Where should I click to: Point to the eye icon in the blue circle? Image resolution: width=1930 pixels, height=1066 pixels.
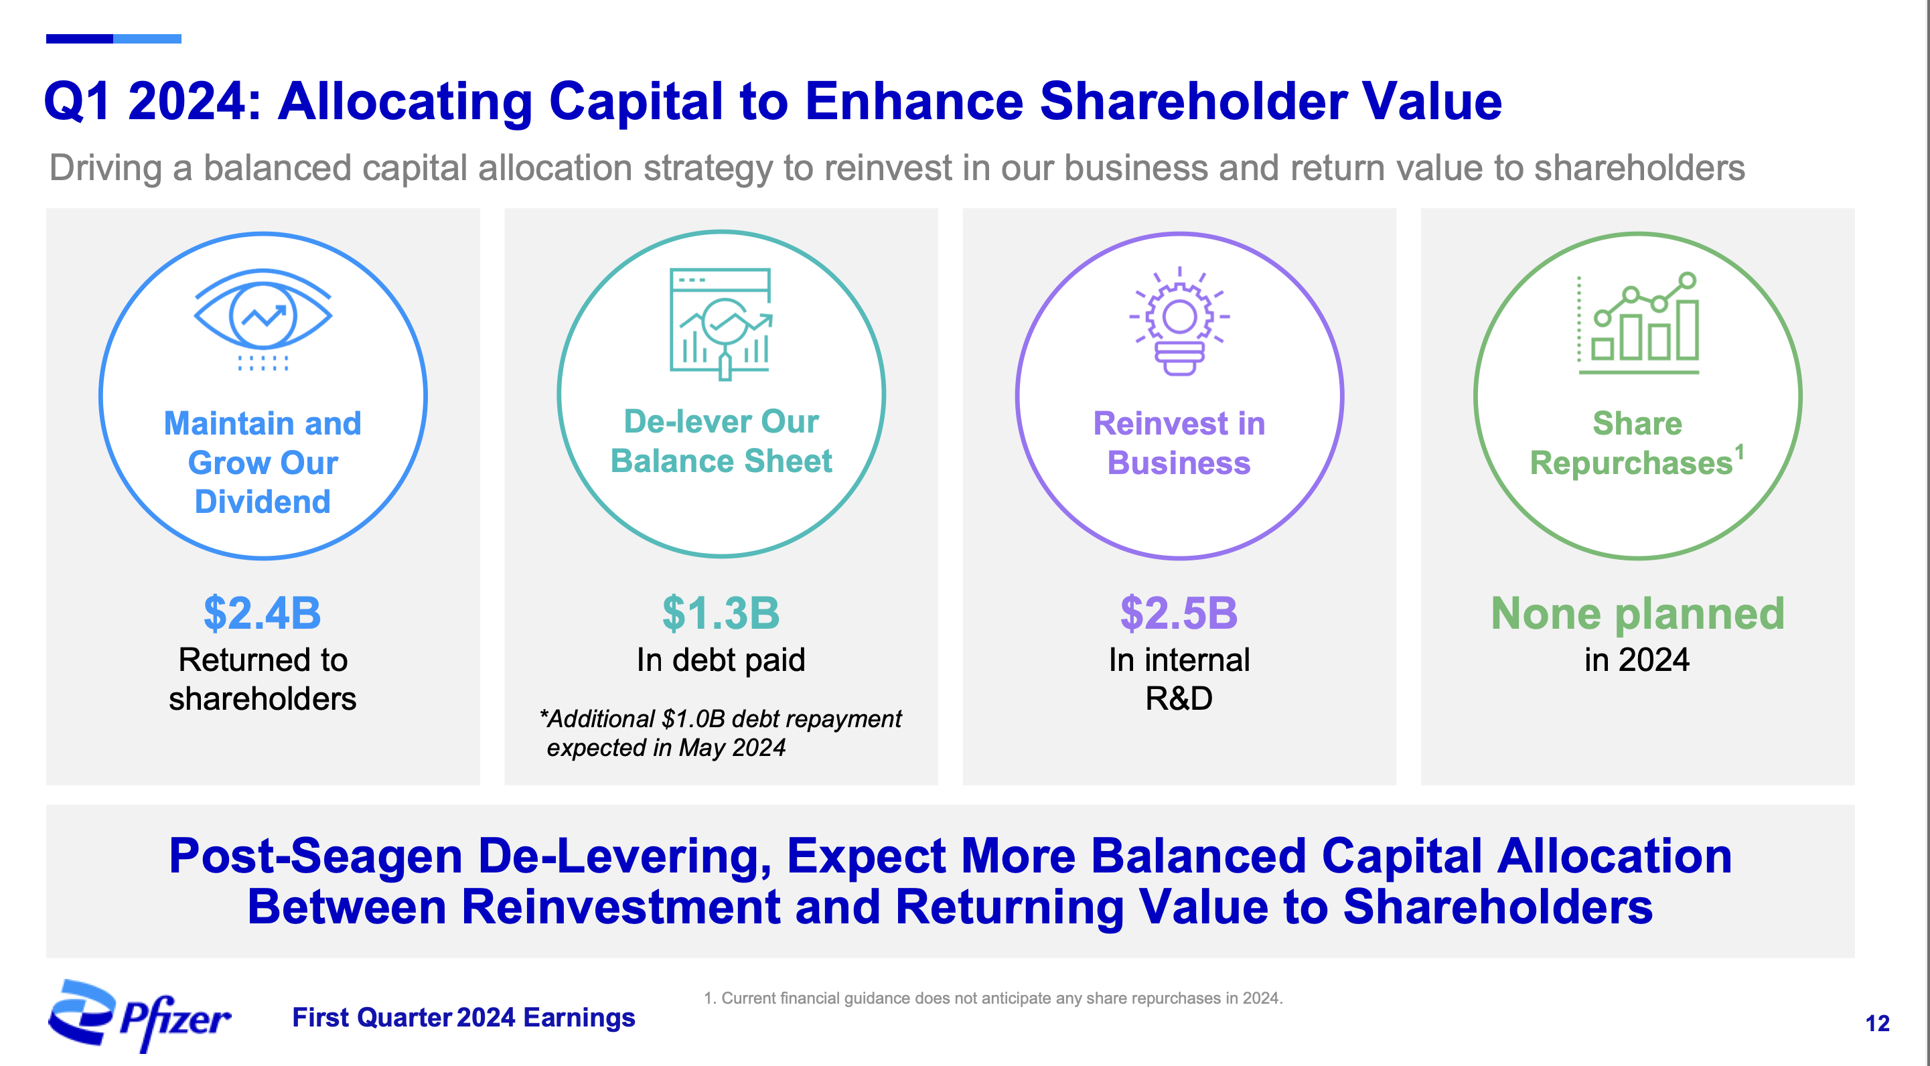pos(263,317)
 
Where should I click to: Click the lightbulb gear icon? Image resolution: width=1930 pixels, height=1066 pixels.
pos(1179,321)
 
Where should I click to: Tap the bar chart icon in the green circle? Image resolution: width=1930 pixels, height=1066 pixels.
pos(1639,323)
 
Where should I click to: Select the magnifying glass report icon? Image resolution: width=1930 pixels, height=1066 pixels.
pos(721,323)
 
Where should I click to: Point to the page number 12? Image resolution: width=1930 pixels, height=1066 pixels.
pos(1878,1023)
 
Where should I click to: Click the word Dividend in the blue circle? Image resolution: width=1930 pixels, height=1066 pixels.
pos(263,502)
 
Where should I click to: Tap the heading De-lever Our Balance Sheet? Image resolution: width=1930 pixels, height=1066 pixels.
pos(721,441)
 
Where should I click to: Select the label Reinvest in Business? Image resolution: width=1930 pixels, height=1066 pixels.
pos(1179,443)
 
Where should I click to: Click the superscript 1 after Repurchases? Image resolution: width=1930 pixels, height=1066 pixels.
pos(1740,452)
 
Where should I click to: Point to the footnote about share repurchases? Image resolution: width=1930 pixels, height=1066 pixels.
pos(994,998)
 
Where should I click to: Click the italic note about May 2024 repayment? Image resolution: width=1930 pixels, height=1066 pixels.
pos(721,733)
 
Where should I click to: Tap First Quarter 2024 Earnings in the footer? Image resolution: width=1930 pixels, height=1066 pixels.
pos(464,1017)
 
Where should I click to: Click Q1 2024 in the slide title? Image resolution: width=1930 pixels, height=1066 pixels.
pos(153,101)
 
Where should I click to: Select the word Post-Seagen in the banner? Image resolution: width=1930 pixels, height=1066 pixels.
pos(316,856)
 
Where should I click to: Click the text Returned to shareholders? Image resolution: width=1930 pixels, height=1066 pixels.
pos(263,679)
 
